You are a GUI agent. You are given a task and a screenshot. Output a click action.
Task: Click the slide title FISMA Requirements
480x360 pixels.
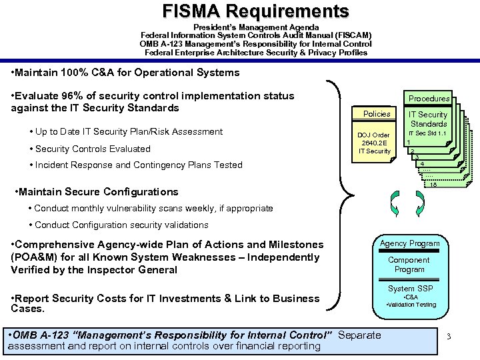256,11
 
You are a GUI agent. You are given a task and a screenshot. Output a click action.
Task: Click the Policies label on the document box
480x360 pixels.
377,114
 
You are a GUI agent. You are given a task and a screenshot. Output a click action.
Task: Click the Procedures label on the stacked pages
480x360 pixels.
429,99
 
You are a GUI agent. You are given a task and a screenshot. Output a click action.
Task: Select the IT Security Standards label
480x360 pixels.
428,119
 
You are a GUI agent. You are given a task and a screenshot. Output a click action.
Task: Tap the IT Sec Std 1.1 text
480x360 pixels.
428,133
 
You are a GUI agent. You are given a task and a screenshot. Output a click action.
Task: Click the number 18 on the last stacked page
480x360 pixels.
433,185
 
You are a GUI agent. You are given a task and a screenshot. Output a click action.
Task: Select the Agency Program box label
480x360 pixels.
409,243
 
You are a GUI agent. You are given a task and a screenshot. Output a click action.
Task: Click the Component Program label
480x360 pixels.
409,265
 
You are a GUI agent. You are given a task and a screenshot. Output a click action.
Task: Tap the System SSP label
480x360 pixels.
410,288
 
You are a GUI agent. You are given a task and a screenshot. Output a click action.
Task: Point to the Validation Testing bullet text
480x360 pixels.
412,305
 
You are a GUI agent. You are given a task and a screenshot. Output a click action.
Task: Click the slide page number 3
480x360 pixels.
449,336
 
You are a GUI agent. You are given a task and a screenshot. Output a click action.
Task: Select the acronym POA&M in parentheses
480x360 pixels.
33,257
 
